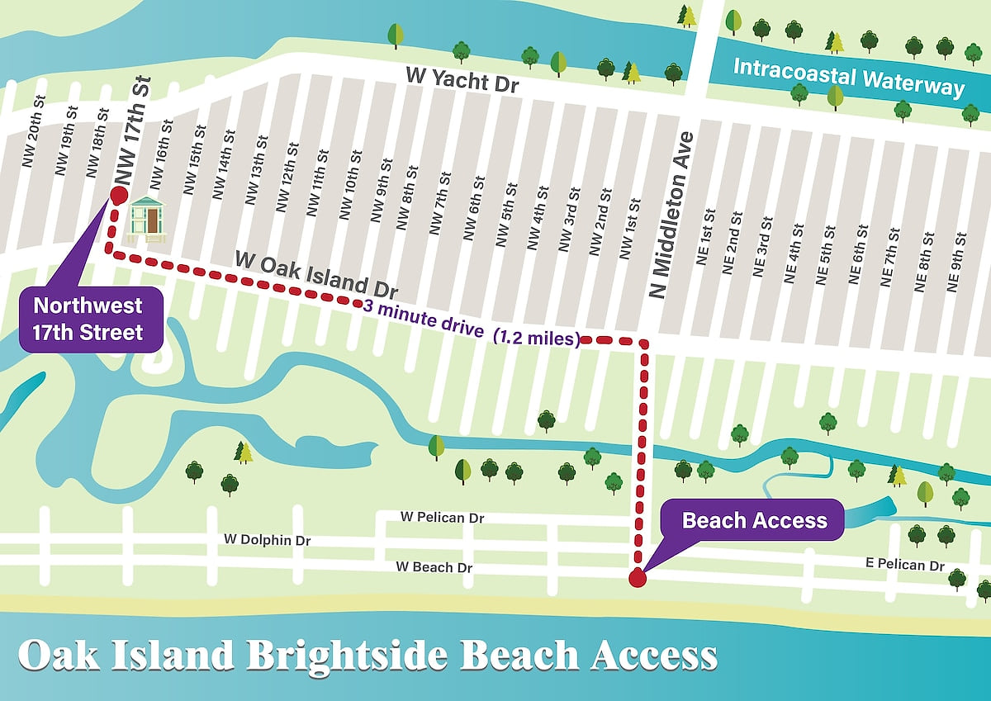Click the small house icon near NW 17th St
(x=148, y=220)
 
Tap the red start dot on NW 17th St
(x=117, y=195)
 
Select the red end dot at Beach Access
(x=637, y=578)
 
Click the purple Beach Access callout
(x=754, y=521)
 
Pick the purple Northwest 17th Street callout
(x=88, y=319)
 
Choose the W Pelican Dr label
(x=442, y=518)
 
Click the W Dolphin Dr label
(x=268, y=540)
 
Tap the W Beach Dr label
(x=434, y=567)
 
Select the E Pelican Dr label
(x=904, y=566)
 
